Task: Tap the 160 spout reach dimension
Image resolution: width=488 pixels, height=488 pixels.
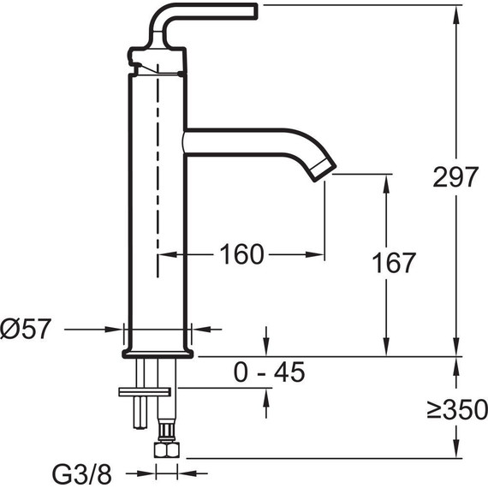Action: [x=241, y=254]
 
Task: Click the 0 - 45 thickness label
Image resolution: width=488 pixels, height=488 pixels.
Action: [x=269, y=372]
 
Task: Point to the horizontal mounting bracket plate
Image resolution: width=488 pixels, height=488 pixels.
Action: [x=146, y=392]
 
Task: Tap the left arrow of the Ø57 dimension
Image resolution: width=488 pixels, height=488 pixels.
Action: [x=117, y=328]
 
